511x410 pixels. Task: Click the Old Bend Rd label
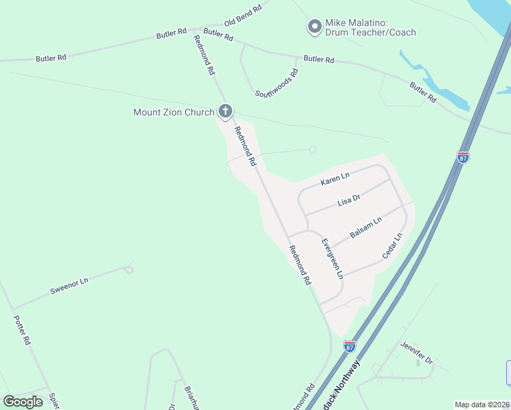243,15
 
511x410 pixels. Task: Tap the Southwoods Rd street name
277,83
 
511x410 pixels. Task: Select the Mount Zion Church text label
174,112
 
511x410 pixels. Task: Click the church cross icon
225,111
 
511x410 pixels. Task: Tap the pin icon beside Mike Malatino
314,27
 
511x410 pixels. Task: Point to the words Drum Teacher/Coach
371,33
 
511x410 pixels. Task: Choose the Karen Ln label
335,180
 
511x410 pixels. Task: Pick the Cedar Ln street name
392,246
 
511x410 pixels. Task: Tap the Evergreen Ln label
332,258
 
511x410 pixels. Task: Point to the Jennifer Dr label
417,351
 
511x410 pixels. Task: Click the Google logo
23,401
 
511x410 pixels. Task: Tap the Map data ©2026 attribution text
481,405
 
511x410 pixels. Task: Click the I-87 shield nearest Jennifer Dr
350,346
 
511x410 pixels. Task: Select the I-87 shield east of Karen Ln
463,157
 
